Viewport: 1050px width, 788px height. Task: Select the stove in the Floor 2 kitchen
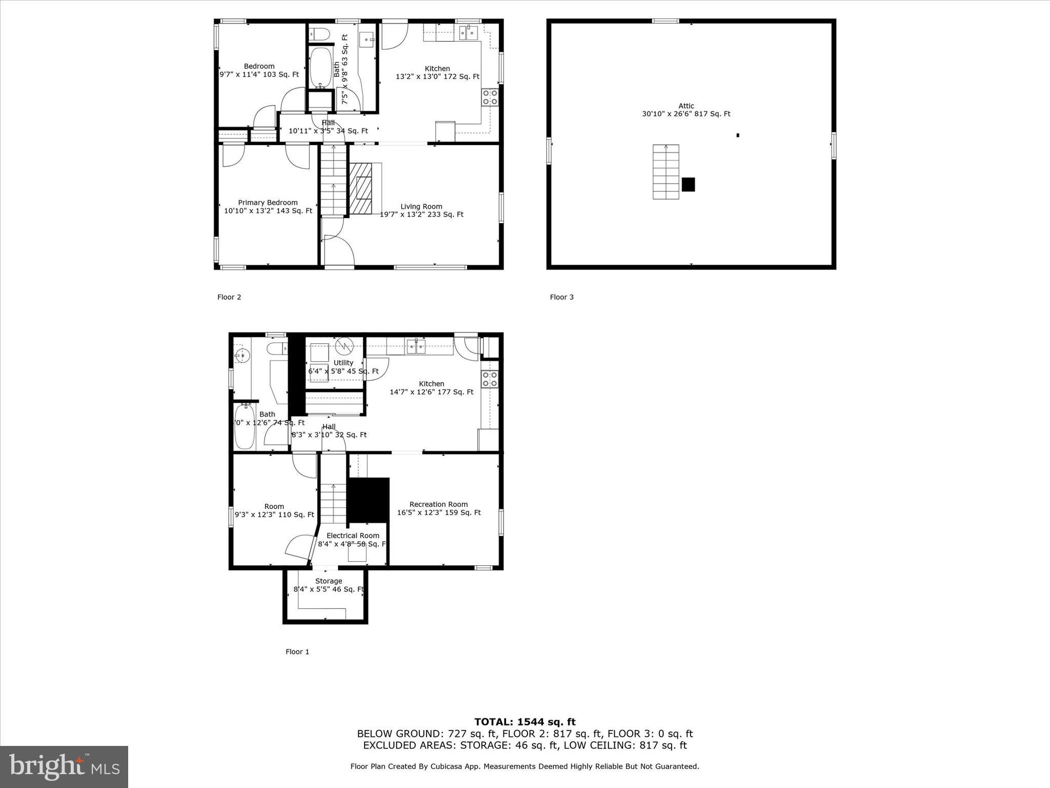[x=490, y=97]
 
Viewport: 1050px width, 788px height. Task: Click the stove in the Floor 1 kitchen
[x=490, y=379]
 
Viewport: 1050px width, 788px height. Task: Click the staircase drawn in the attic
[x=665, y=172]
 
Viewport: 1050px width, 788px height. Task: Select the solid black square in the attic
[x=688, y=185]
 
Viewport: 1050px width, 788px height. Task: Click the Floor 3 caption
[x=561, y=297]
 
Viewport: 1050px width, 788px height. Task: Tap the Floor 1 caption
[x=297, y=652]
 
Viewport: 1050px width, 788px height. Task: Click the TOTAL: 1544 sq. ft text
[x=524, y=722]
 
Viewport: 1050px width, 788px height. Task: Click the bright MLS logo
[x=64, y=766]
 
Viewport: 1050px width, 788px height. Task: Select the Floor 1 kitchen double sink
[x=416, y=347]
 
